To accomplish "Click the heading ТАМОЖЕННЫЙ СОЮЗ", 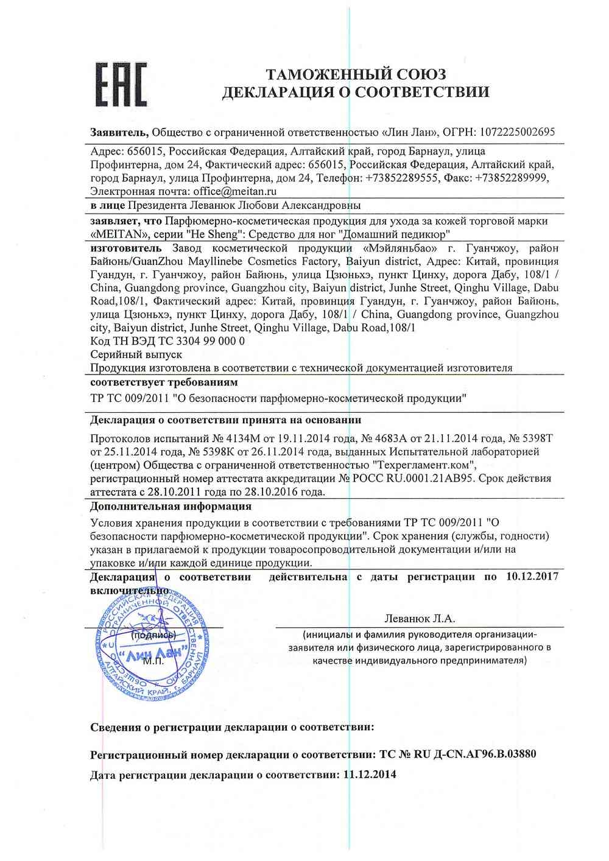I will pyautogui.click(x=356, y=74).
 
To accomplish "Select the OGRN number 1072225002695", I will pyautogui.click(x=518, y=132).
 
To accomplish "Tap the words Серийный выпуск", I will pyautogui.click(x=136, y=354).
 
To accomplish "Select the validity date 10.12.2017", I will pyautogui.click(x=532, y=577).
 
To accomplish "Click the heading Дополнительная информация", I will pyautogui.click(x=171, y=507).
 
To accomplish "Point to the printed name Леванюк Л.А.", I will pyautogui.click(x=420, y=619).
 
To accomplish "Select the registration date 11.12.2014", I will pyautogui.click(x=370, y=775).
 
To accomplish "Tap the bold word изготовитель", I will pyautogui.click(x=126, y=248).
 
